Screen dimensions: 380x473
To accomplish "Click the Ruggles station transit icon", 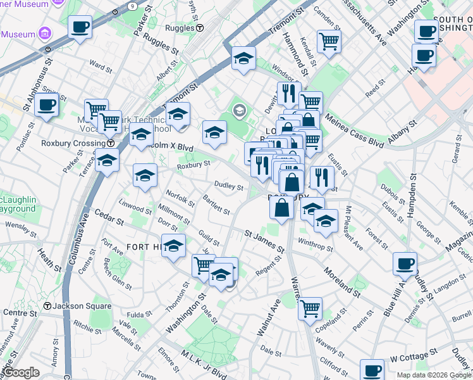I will pos(199,28).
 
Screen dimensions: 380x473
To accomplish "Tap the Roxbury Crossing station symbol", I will pos(111,143).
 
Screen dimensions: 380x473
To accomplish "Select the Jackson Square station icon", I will pos(47,306).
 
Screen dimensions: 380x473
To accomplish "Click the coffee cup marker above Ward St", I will pos(80,27).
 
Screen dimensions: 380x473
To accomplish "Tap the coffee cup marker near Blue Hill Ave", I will pos(405,263).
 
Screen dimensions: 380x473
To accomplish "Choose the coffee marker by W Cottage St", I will pos(372,370).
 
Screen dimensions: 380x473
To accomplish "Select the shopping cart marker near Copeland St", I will pos(310,309).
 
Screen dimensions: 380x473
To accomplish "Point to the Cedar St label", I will pos(110,221).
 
